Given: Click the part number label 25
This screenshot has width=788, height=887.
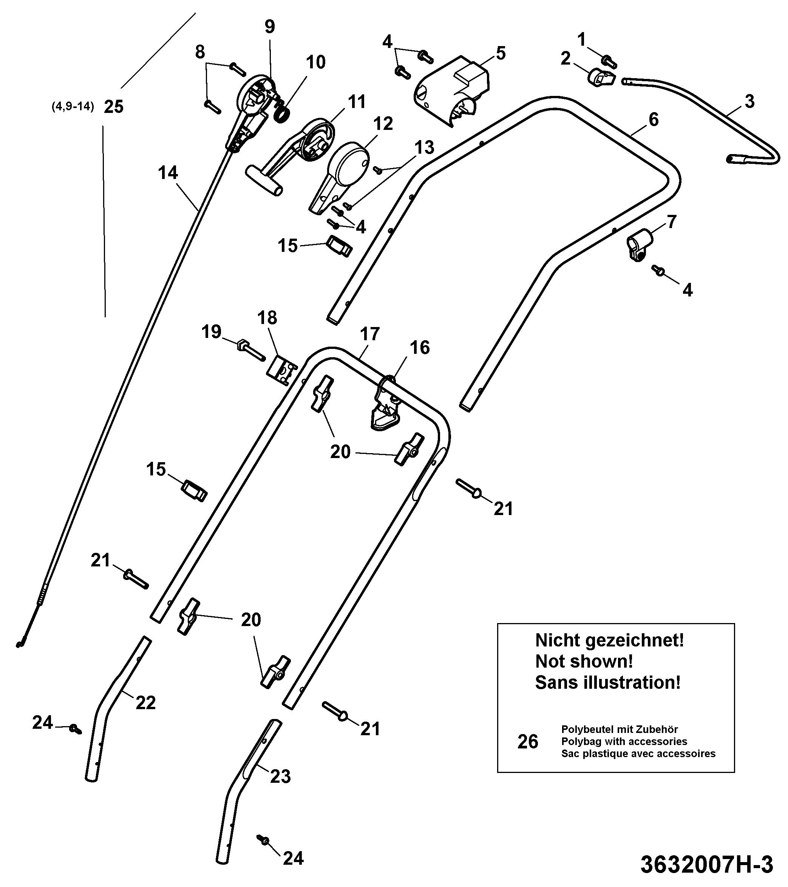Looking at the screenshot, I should click(113, 107).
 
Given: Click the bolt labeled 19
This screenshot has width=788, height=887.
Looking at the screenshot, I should click(251, 351).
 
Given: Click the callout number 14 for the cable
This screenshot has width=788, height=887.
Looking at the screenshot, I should click(168, 173).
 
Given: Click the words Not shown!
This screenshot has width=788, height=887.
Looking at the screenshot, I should click(584, 662).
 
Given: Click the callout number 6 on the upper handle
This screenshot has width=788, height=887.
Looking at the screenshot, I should click(654, 119).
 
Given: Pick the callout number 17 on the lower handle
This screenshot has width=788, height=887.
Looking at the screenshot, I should click(370, 334).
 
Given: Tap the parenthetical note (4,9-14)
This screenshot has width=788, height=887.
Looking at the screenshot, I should click(73, 107).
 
